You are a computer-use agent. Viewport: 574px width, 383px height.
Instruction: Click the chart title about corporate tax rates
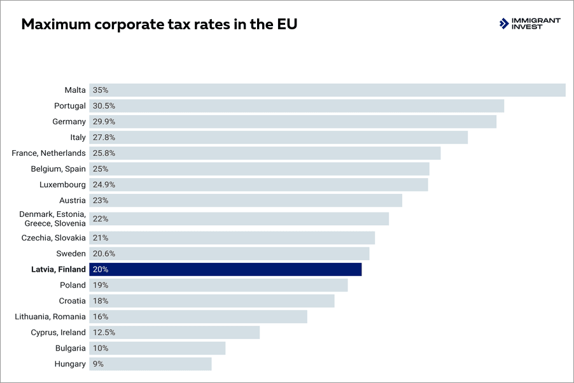pos(160,25)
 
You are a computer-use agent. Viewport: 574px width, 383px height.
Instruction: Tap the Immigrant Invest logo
pos(529,24)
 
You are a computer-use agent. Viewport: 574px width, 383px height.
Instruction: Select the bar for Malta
pos(327,90)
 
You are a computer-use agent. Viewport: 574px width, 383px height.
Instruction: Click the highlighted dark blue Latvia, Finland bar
pos(225,269)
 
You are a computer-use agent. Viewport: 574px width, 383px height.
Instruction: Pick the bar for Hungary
pos(150,364)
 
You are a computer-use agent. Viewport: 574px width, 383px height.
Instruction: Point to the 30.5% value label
pos(104,106)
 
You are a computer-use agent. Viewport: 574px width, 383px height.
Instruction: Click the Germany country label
pos(69,122)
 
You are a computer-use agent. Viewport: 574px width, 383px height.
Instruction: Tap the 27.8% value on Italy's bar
pos(104,137)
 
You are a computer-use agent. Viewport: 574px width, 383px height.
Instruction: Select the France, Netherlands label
pos(48,153)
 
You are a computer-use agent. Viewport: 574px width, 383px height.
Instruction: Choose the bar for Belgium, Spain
pos(259,169)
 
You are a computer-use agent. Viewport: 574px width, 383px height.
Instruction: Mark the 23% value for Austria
pos(101,200)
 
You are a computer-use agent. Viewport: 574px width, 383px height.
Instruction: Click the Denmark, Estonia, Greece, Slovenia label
pos(52,219)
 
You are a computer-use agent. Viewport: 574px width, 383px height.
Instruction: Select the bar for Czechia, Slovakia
pos(232,238)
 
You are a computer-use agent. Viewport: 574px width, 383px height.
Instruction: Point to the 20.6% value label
pos(104,254)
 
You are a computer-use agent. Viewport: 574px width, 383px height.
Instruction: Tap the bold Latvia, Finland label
pos(58,269)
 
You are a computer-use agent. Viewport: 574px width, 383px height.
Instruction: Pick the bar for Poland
pos(218,285)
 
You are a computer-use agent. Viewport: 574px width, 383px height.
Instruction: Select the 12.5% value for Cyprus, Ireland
pos(104,332)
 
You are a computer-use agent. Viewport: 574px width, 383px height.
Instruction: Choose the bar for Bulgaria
pos(157,348)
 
